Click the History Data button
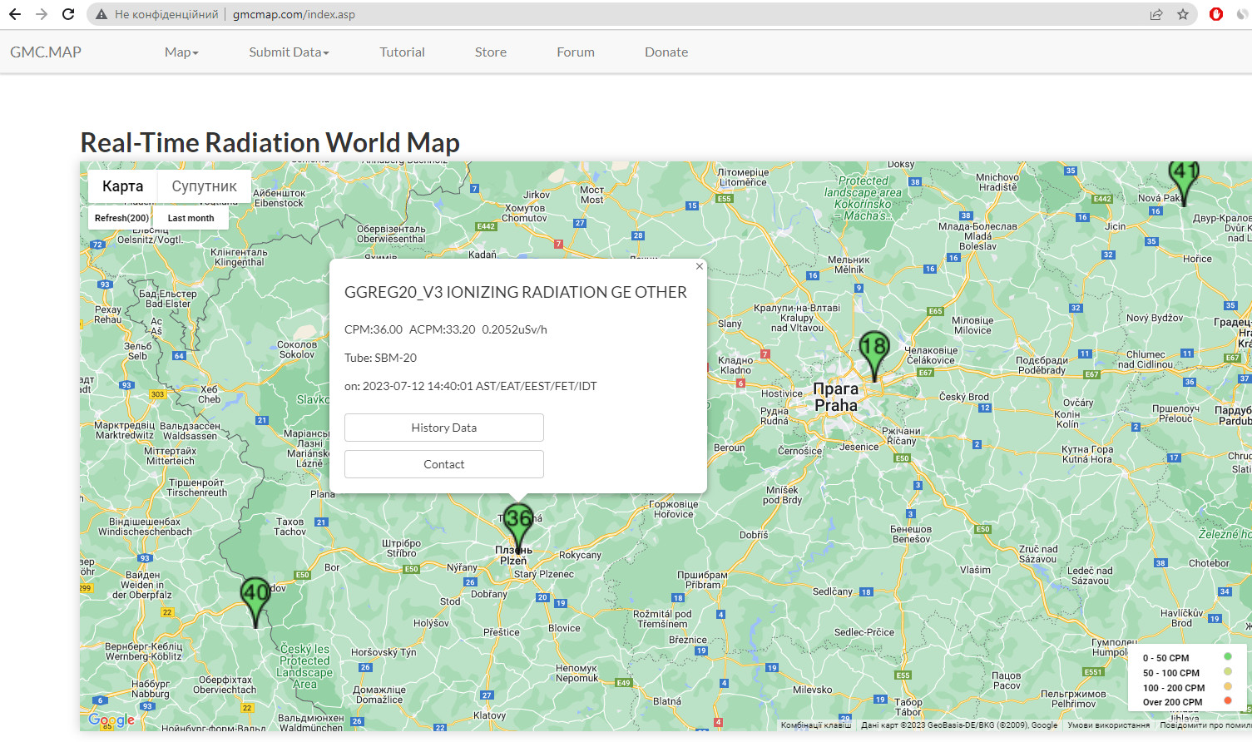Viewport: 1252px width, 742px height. tap(443, 428)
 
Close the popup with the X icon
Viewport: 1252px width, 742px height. tap(700, 266)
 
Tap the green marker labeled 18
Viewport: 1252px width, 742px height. tap(873, 350)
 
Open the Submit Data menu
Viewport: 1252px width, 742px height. tap(289, 52)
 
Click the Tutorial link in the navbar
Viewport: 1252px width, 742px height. tap(402, 52)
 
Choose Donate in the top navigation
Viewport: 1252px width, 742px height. tap(666, 52)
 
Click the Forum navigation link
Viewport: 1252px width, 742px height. tap(576, 52)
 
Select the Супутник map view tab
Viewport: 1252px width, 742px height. tap(204, 186)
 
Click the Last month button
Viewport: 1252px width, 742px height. tap(191, 218)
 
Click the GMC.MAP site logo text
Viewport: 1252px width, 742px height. tap(46, 52)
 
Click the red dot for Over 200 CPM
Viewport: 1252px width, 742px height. tap(1227, 701)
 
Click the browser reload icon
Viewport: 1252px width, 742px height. tap(68, 14)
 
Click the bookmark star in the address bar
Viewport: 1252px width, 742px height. tap(1183, 14)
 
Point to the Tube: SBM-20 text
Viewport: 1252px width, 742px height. tap(380, 358)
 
